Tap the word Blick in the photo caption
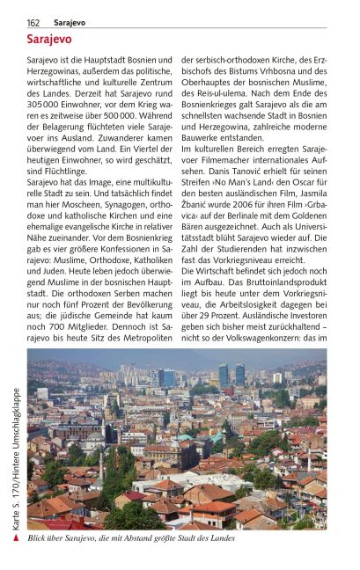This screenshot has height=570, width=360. (40, 537)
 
